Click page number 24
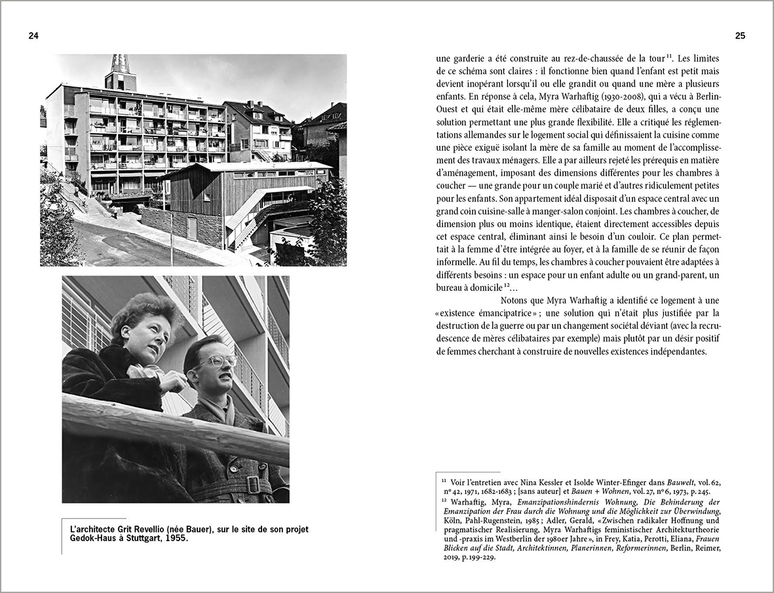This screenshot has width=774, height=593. (x=33, y=36)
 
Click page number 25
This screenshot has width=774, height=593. (x=740, y=36)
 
